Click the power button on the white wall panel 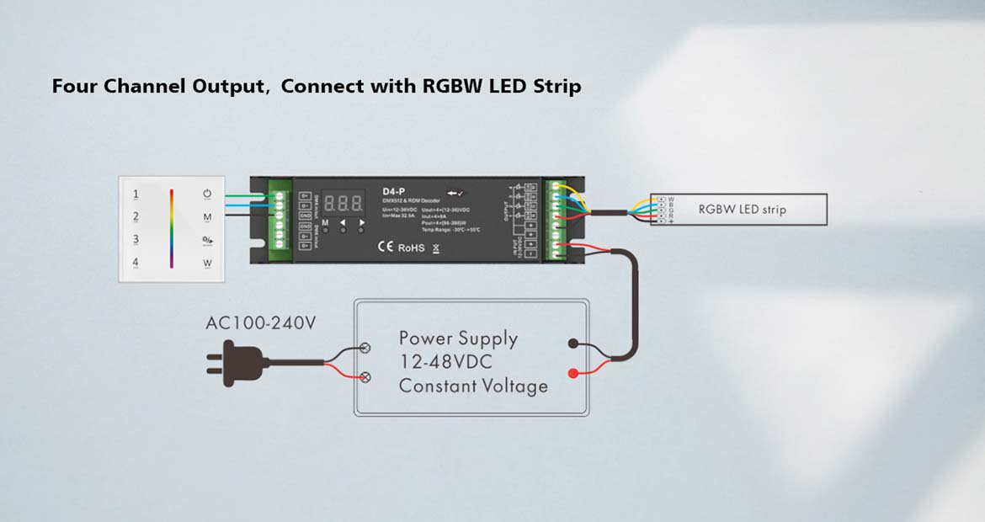[x=207, y=194]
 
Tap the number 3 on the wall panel [x=136, y=240]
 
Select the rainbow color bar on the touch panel [x=172, y=228]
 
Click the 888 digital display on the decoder [x=343, y=203]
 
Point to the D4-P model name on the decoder [x=394, y=192]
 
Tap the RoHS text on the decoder [x=411, y=248]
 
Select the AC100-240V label [x=261, y=323]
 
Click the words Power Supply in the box [x=458, y=338]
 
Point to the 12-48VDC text [x=446, y=363]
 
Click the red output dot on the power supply [x=573, y=373]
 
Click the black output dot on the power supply [x=573, y=344]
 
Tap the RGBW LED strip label [x=742, y=210]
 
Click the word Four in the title [x=75, y=86]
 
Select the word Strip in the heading [x=557, y=86]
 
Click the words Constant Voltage [x=473, y=386]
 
